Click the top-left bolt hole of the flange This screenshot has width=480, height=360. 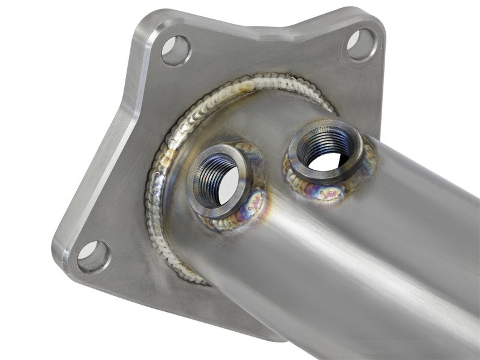[x=176, y=50]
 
